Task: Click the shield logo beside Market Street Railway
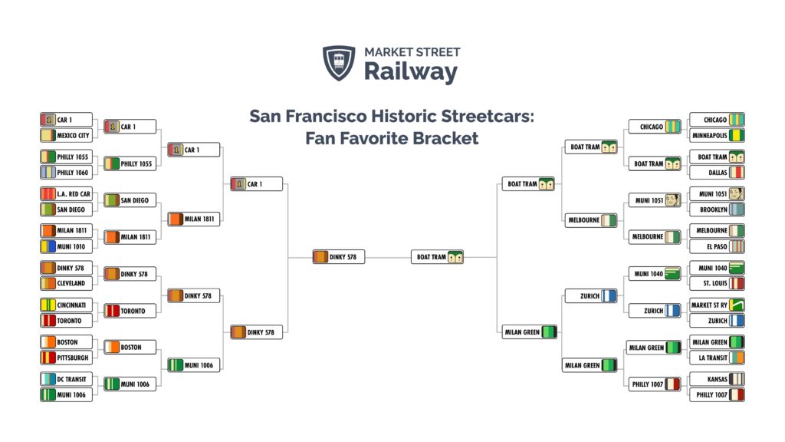(x=339, y=63)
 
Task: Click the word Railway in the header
(x=411, y=71)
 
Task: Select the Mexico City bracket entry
(x=66, y=135)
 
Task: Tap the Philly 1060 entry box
(x=66, y=173)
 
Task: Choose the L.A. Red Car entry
(x=66, y=194)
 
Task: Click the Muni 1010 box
(x=66, y=246)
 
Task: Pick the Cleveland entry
(x=66, y=283)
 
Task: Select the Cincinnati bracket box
(x=66, y=305)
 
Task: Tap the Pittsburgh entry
(x=66, y=358)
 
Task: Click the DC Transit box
(x=66, y=379)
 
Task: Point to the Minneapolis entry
(x=717, y=135)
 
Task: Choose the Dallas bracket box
(x=717, y=173)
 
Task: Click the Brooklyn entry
(x=717, y=209)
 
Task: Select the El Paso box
(x=717, y=246)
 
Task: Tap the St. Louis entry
(x=717, y=283)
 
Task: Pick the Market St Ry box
(x=717, y=305)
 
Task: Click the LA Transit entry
(x=717, y=358)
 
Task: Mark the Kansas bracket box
(x=717, y=379)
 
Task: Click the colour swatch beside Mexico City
(x=48, y=135)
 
